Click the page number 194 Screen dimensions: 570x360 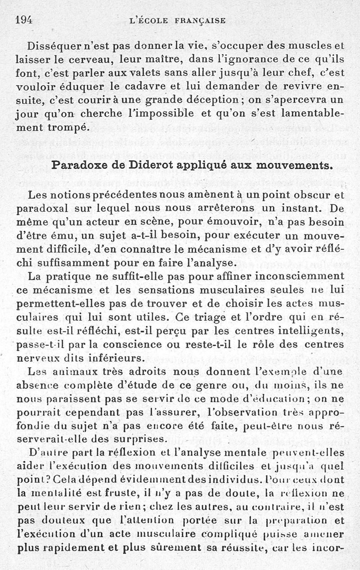(x=26, y=19)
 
